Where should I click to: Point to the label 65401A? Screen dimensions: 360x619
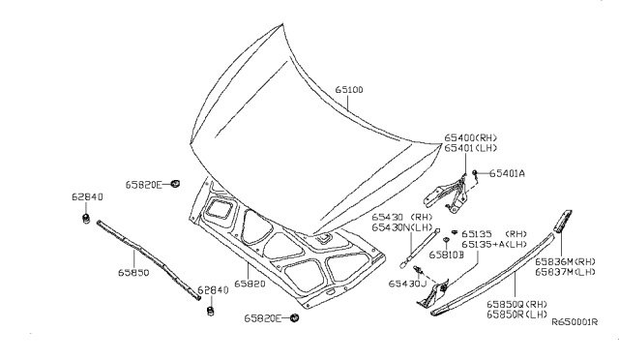[x=507, y=174]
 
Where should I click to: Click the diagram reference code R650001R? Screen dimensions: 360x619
[x=576, y=324]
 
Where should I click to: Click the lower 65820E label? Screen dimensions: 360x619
[x=263, y=317]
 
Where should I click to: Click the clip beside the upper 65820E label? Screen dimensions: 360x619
[x=176, y=182]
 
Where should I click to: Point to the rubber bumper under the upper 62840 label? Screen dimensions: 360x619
[x=87, y=220]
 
